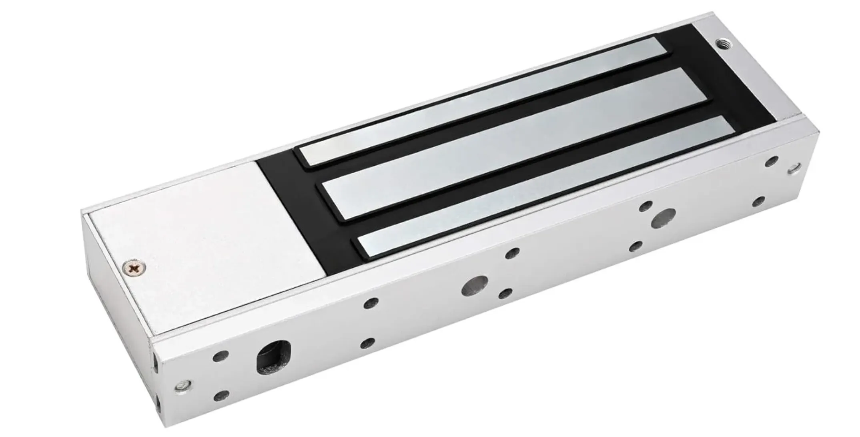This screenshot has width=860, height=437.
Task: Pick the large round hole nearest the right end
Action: pyautogui.click(x=663, y=218)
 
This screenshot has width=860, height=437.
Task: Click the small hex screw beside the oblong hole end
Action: pyautogui.click(x=184, y=385)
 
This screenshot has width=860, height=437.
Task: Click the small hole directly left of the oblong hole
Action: pyautogui.click(x=221, y=355)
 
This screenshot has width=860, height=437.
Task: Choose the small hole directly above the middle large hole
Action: pyautogui.click(x=512, y=253)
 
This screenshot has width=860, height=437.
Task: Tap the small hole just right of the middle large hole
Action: pyautogui.click(x=507, y=294)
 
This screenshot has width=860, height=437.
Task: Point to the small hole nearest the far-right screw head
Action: pyautogui.click(x=771, y=161)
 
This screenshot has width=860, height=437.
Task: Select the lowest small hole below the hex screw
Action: pyautogui.click(x=221, y=396)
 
